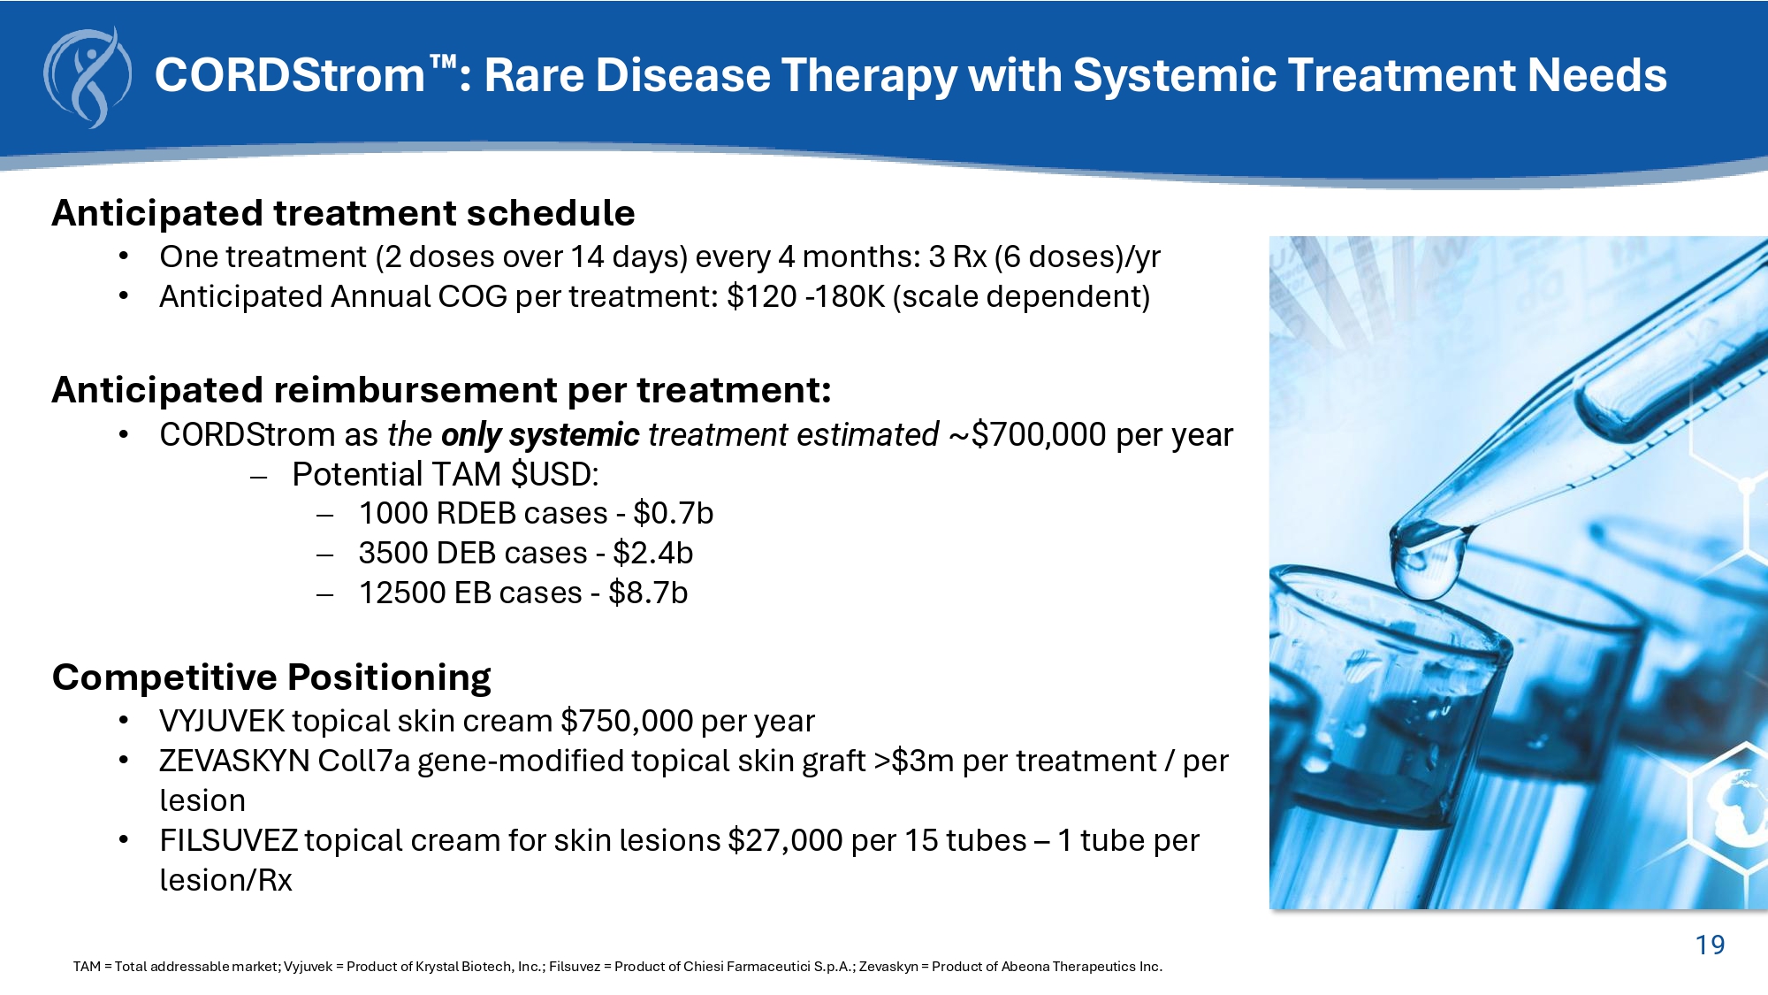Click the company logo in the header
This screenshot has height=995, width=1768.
[88, 78]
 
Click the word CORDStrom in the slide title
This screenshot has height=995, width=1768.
[291, 75]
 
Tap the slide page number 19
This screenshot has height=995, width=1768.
[1710, 945]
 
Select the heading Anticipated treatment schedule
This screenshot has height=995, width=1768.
[343, 213]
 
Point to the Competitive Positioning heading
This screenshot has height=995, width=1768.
[271, 677]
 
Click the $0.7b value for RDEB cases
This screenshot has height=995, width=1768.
[674, 513]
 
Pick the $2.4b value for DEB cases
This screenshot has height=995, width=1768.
[653, 553]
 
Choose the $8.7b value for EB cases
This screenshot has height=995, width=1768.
[648, 593]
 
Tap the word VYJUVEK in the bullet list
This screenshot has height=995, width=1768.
[222, 721]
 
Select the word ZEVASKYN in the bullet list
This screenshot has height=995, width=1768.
[234, 761]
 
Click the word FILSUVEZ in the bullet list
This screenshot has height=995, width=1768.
[228, 840]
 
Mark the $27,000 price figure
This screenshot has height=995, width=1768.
[785, 840]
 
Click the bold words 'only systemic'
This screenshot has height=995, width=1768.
[539, 435]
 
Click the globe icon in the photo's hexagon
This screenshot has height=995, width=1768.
[1739, 809]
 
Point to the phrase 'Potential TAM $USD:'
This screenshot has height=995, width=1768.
[446, 475]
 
